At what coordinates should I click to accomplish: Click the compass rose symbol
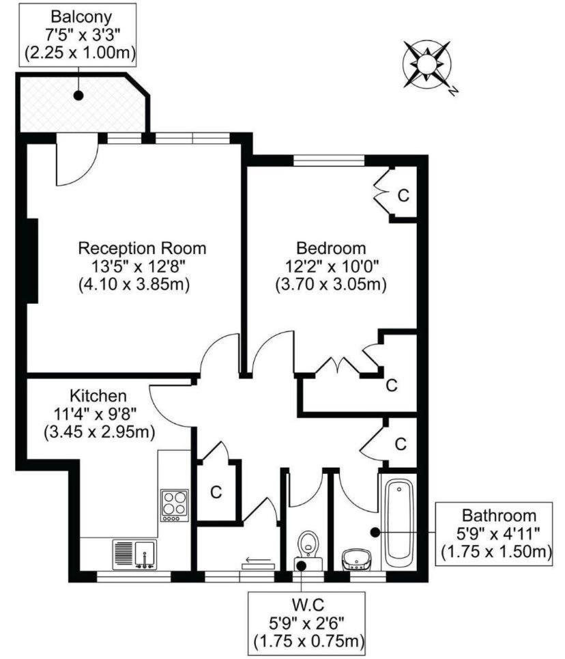426,64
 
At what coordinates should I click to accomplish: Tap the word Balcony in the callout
81,17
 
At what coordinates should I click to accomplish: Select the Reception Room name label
143,248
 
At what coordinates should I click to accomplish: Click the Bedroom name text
331,248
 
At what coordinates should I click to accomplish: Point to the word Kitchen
98,395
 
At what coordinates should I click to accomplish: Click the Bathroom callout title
499,516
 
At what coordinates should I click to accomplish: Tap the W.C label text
308,605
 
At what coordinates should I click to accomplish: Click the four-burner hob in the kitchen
175,505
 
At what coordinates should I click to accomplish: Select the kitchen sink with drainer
135,555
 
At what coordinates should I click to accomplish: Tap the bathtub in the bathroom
399,521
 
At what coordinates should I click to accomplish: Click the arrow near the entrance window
259,560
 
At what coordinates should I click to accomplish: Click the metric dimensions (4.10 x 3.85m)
134,284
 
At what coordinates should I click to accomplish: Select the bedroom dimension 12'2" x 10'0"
332,266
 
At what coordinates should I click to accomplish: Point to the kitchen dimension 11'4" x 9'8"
96,414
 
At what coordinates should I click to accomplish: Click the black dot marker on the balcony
78,96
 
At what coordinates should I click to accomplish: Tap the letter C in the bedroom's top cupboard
403,195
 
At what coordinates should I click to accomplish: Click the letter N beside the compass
452,91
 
